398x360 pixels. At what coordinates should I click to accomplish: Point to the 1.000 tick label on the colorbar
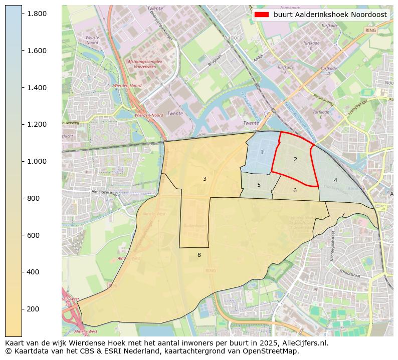[37, 161]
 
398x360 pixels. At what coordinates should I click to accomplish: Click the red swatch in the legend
[261, 15]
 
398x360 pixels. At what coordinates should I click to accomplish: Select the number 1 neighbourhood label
[262, 152]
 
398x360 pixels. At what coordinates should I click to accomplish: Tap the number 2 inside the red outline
[295, 159]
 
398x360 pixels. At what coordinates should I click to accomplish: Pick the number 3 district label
[205, 179]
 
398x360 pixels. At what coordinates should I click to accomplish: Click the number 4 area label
[335, 180]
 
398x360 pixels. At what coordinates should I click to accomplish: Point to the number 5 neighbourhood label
[259, 185]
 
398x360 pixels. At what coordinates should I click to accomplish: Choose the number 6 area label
[295, 190]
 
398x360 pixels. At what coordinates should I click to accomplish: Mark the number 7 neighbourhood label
[343, 215]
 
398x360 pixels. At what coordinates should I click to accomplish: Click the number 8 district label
[199, 255]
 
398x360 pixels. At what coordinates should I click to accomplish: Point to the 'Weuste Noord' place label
[92, 40]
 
